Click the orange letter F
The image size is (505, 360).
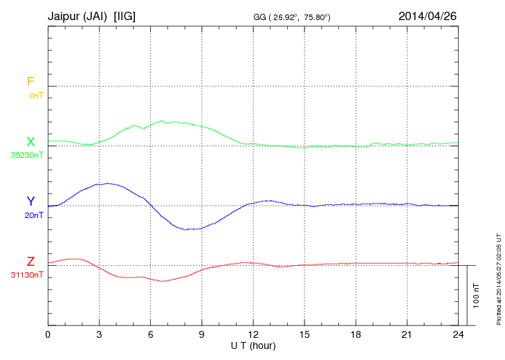point(30,82)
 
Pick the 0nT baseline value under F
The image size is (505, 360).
point(35,96)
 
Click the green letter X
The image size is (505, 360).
point(30,141)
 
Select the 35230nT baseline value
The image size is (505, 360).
point(28,155)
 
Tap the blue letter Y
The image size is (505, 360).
point(30,201)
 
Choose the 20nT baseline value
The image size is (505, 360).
point(34,215)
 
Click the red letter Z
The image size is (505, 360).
point(30,262)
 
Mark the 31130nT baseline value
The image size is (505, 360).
point(28,275)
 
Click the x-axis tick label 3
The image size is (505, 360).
point(99,334)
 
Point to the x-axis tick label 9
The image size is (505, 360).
point(201,334)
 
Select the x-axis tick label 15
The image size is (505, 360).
point(304,334)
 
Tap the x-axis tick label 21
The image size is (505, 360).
point(407,334)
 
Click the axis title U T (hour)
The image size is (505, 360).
point(253,345)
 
